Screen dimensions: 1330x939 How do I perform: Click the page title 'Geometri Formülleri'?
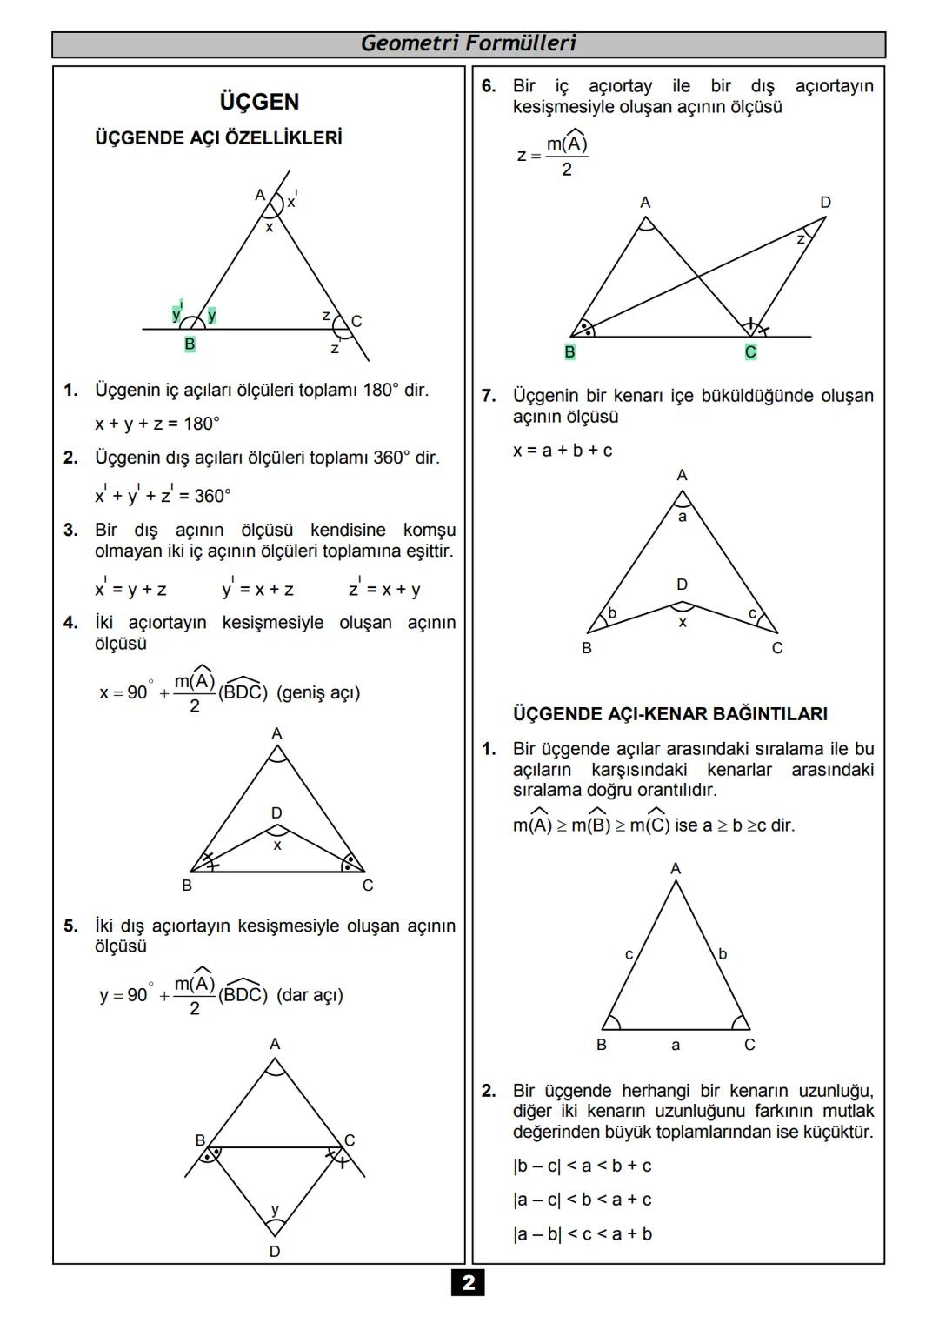(x=468, y=43)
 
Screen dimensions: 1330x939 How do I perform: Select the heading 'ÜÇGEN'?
(x=259, y=102)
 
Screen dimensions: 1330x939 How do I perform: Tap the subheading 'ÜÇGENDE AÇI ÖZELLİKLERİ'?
(x=218, y=138)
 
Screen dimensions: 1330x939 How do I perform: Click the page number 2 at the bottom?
(x=468, y=1282)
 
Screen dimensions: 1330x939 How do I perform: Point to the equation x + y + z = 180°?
(x=157, y=424)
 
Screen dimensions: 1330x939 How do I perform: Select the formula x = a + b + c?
(x=563, y=451)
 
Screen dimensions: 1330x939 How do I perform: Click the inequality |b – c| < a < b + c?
(x=583, y=1166)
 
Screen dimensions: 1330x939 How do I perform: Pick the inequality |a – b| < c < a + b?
(x=583, y=1233)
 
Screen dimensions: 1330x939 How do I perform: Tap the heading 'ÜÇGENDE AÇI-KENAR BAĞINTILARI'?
(x=670, y=714)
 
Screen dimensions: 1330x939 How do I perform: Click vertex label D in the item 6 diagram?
(x=825, y=202)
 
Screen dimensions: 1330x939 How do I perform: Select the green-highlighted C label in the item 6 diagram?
(x=750, y=352)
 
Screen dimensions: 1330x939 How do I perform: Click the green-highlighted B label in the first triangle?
(x=190, y=344)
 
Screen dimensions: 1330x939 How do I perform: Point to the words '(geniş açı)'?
(x=318, y=693)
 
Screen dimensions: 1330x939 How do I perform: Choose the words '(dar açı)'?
(x=310, y=995)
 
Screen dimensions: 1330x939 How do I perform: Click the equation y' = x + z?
(x=257, y=589)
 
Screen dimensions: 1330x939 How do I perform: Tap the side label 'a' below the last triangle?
(x=676, y=1045)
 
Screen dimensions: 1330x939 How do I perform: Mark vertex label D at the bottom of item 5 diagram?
(x=275, y=1252)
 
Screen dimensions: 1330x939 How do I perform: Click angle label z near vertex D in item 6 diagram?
(x=801, y=238)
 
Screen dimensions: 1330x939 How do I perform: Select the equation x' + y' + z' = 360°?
(x=163, y=495)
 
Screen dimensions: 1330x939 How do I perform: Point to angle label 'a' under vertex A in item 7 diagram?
(x=682, y=517)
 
